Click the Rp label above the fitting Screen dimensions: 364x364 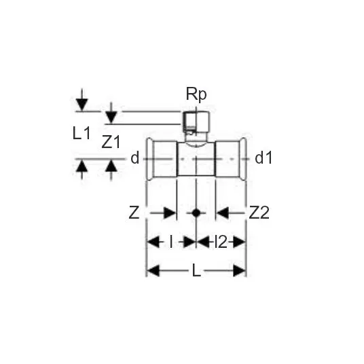click(196, 94)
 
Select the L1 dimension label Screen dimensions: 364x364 click(81, 134)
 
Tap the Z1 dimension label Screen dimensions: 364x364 click(111, 142)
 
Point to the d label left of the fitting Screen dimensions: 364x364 click(135, 158)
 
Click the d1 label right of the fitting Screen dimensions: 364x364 click(263, 158)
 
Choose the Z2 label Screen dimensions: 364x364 click(259, 213)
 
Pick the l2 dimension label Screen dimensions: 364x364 click(221, 242)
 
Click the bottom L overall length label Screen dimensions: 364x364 click(196, 271)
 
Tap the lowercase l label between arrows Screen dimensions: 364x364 click(171, 242)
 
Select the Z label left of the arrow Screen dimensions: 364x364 click(134, 213)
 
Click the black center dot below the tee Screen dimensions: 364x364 click(196, 213)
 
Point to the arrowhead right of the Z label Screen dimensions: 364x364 click(170, 213)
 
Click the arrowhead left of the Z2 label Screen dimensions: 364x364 click(223, 213)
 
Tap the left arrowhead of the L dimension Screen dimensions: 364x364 click(153, 271)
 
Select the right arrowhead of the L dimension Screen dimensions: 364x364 click(239, 271)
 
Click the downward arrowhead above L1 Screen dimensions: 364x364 click(82, 105)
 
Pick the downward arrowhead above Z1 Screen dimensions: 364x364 click(111, 117)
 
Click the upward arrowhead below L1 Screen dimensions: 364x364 click(82, 166)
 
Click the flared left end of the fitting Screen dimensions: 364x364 click(149, 159)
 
